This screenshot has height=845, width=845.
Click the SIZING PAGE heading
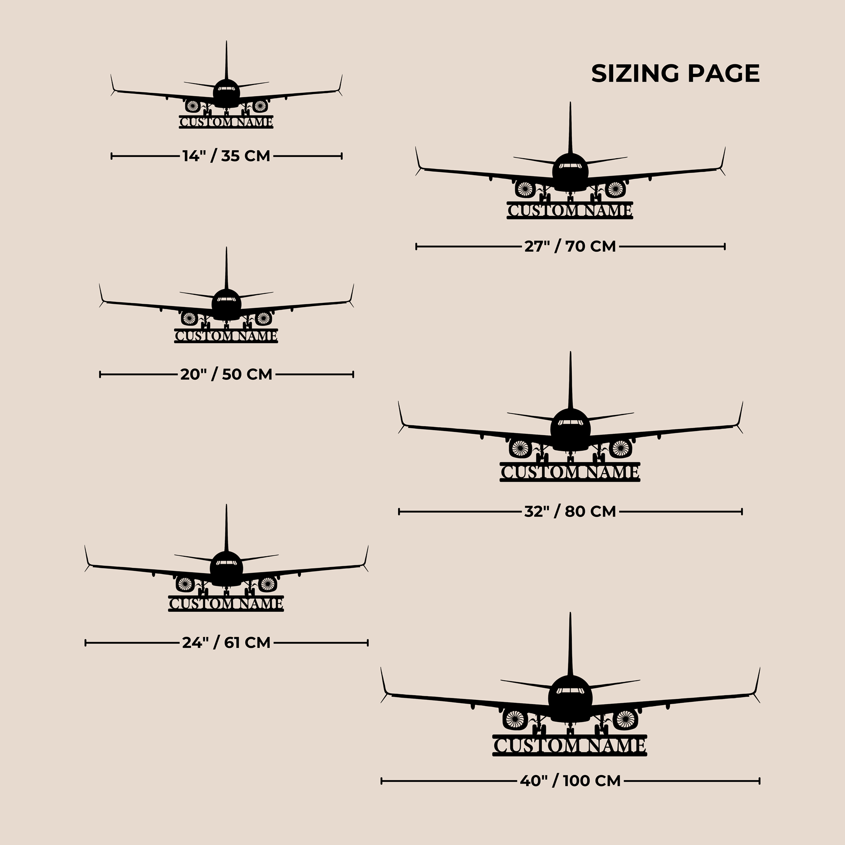[675, 74]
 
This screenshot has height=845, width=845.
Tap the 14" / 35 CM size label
[226, 156]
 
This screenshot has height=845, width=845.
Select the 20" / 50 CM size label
[226, 374]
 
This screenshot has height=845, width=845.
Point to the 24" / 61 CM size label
[226, 642]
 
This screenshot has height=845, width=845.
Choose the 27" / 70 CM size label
[570, 246]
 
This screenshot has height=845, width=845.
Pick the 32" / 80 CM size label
[570, 511]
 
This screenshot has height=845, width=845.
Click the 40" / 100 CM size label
[570, 781]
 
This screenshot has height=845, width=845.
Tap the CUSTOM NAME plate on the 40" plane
[570, 745]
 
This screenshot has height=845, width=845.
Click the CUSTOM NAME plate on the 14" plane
[226, 122]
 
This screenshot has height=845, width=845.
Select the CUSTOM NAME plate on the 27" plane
[570, 210]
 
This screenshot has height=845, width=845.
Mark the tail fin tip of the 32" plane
[570, 352]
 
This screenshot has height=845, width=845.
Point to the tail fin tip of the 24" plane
[226, 505]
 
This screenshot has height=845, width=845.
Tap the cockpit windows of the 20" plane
[226, 300]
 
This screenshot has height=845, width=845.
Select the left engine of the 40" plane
[515, 719]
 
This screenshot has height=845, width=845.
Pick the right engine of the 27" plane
[615, 189]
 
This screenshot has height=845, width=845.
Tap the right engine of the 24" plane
[267, 584]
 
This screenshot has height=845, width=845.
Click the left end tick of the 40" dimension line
[382, 781]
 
